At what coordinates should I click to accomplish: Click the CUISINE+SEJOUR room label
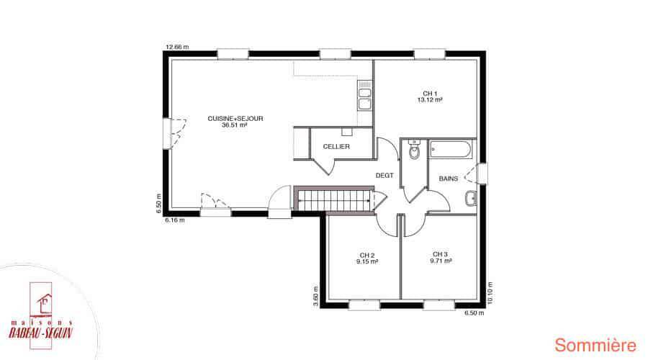coord(235,119)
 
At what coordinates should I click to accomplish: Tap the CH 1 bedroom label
coord(430,94)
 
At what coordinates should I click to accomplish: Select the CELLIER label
coord(336,146)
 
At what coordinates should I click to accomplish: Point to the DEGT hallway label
coord(384,175)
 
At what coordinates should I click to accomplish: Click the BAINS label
coord(449,179)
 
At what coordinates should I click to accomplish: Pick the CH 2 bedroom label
coord(367,255)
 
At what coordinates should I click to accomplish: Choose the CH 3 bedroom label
coord(440,254)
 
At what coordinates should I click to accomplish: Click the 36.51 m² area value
coord(234,125)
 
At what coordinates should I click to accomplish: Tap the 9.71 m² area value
coord(441,261)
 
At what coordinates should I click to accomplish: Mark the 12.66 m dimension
coord(177,47)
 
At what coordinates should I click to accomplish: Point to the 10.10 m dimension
coord(490,293)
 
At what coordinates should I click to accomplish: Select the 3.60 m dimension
coord(316,297)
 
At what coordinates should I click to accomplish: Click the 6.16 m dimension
coord(175,220)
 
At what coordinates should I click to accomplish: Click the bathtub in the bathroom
coord(450,150)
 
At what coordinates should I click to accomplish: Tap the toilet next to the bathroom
coord(414,150)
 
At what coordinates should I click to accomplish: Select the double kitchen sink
coord(364,96)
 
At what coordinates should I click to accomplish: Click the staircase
coord(335,200)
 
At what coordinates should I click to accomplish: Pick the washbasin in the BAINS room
coord(470,199)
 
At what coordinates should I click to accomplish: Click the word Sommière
coord(595,345)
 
